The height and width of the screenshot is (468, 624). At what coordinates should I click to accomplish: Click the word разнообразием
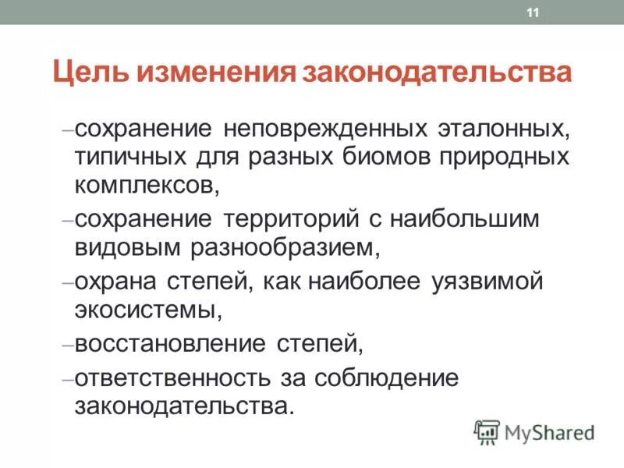click(x=285, y=249)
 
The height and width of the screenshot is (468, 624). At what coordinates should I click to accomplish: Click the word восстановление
click(x=171, y=343)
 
